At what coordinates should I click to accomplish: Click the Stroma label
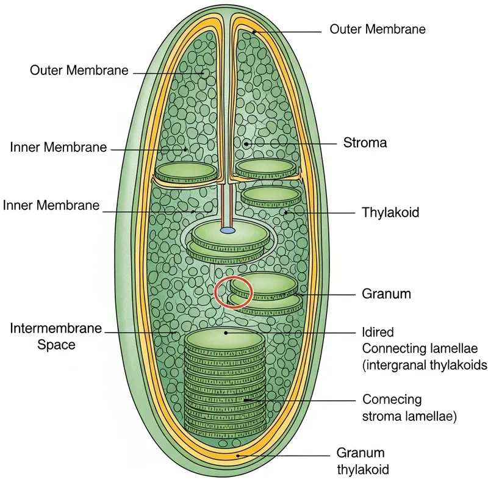pyautogui.click(x=365, y=143)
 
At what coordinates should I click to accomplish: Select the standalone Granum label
pyautogui.click(x=386, y=293)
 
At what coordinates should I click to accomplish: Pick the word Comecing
pyautogui.click(x=392, y=400)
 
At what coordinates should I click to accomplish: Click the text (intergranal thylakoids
pyautogui.click(x=425, y=365)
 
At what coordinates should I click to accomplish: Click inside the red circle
pyautogui.click(x=232, y=292)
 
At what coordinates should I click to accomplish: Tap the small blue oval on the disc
pyautogui.click(x=227, y=231)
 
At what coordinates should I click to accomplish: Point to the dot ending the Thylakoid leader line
pyautogui.click(x=285, y=213)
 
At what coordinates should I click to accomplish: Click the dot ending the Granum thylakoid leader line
pyautogui.click(x=240, y=454)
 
